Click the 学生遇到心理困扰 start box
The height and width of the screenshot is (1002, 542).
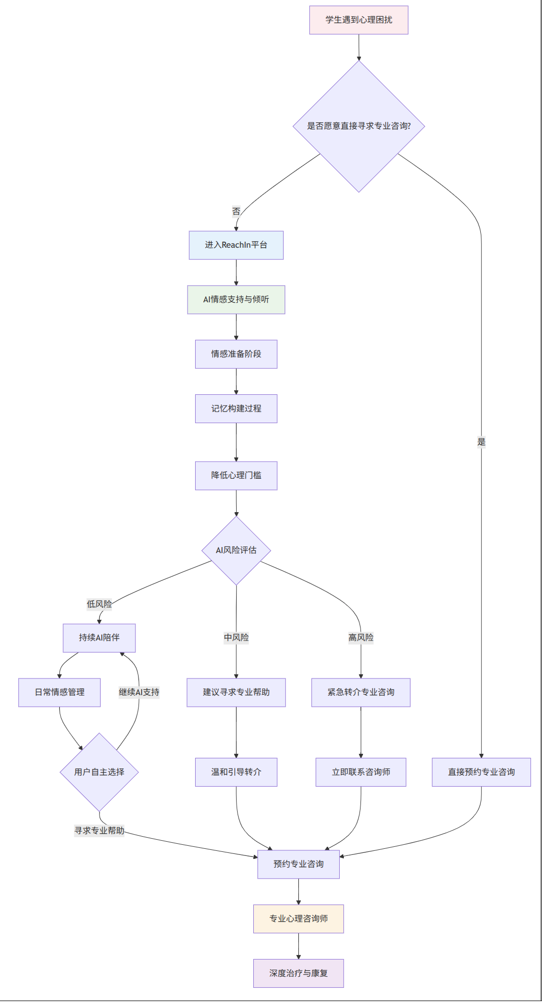[x=358, y=20]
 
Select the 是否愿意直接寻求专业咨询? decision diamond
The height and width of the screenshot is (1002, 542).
[x=358, y=126]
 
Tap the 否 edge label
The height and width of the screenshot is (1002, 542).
[x=236, y=211]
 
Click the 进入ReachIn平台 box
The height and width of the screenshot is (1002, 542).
[x=236, y=245]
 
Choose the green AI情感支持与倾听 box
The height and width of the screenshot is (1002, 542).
[x=236, y=300]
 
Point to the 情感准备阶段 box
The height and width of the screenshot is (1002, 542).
[x=236, y=354]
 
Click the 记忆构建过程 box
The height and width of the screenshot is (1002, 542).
[x=236, y=408]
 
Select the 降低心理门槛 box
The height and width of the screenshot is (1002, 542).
[x=236, y=475]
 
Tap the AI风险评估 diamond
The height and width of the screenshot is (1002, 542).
[x=236, y=550]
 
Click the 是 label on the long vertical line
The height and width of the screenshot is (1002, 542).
[x=481, y=442]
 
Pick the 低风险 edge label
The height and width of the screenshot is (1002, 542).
[x=99, y=604]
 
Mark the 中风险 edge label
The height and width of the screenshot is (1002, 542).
[x=236, y=637]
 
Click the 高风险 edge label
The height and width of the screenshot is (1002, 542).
[x=361, y=637]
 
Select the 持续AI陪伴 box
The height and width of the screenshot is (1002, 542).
[x=99, y=637]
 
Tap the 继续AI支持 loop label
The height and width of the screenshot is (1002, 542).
[x=139, y=692]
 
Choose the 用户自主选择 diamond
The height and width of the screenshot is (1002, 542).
[x=99, y=772]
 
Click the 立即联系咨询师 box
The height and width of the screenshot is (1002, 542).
[x=361, y=772]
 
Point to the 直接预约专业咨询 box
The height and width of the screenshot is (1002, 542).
[x=481, y=772]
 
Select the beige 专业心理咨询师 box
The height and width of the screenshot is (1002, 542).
[x=298, y=919]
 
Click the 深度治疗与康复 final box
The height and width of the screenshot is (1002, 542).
[x=298, y=973]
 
